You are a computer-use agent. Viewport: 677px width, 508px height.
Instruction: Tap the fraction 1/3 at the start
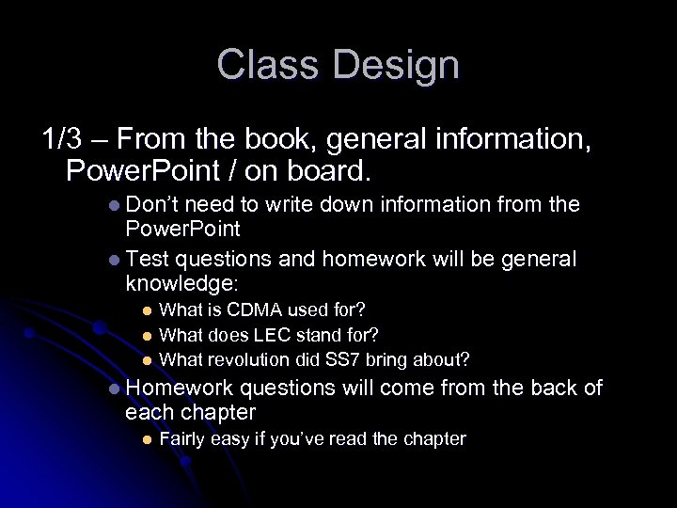click(x=62, y=140)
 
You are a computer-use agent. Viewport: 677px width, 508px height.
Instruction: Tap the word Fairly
click(x=183, y=439)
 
